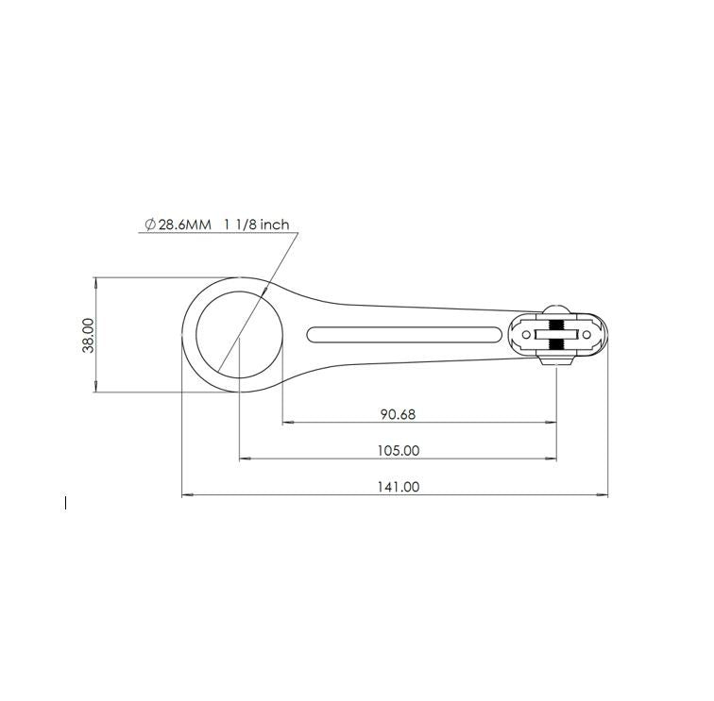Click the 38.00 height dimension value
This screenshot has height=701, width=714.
(88, 335)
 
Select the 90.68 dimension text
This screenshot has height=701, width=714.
(398, 414)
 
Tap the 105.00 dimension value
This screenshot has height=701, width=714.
(398, 451)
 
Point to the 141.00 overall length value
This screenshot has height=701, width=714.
(398, 487)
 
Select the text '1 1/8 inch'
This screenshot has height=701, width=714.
(256, 225)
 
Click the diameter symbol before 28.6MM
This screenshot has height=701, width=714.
(149, 225)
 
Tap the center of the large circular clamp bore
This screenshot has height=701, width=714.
(239, 335)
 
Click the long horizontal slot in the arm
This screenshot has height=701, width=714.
(406, 335)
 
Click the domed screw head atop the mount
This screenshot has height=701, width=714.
(556, 309)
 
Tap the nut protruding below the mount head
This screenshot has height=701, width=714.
(556, 360)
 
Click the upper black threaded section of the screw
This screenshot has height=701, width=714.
(556, 325)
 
